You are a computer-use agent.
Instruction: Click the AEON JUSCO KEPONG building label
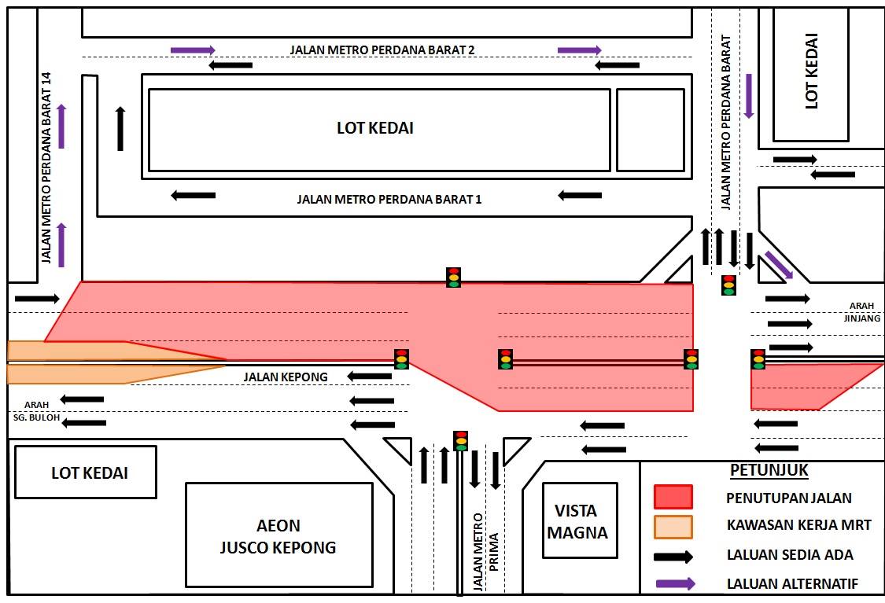point(278,536)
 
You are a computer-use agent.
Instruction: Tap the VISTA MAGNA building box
point(581,520)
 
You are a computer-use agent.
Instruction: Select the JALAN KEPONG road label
point(286,377)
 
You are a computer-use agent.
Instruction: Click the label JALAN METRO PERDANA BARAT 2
point(382,50)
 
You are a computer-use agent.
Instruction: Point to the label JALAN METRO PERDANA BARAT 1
point(389,199)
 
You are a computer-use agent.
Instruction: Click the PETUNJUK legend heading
point(769,470)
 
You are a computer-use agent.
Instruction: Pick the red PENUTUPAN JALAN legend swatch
point(673,497)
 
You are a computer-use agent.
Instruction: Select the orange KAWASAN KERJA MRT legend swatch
point(673,527)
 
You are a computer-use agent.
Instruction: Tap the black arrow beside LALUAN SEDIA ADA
point(673,557)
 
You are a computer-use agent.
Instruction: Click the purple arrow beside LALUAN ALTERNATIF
point(675,584)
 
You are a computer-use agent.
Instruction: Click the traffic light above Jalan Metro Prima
point(461,440)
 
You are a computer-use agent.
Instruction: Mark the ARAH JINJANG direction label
point(862,312)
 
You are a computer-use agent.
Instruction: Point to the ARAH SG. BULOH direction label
point(37,411)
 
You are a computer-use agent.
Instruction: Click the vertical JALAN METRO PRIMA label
point(485,552)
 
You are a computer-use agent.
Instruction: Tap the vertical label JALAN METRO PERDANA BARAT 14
point(46,167)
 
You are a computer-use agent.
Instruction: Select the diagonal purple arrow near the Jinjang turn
point(779,265)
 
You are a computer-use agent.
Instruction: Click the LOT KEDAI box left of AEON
point(85,472)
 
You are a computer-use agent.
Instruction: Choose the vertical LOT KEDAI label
point(811,71)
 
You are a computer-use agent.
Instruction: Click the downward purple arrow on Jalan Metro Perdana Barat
point(749,96)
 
